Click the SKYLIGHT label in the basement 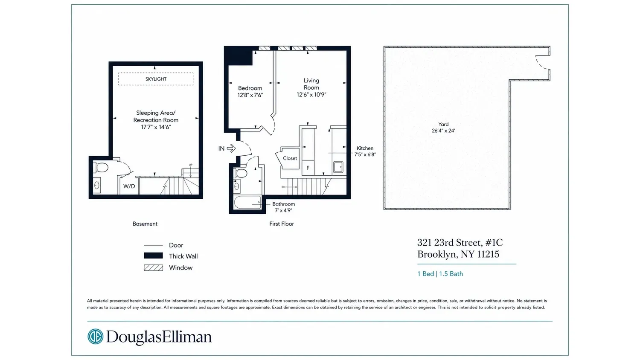point(156,79)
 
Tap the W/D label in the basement point(129,186)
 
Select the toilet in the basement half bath point(101,168)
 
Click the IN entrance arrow point(231,148)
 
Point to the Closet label point(290,158)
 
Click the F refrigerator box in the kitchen point(308,168)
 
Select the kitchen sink point(338,167)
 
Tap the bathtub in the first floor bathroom point(247,202)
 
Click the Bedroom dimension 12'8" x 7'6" point(250,95)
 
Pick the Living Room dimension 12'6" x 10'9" point(311,95)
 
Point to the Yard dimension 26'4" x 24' point(443,131)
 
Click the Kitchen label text point(365,148)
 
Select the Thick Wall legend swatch point(153,256)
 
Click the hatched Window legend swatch point(153,268)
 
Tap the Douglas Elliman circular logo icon point(95,336)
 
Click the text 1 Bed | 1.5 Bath point(440,274)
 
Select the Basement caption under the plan point(145,224)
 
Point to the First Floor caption point(282,224)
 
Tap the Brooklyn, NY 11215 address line point(458,254)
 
